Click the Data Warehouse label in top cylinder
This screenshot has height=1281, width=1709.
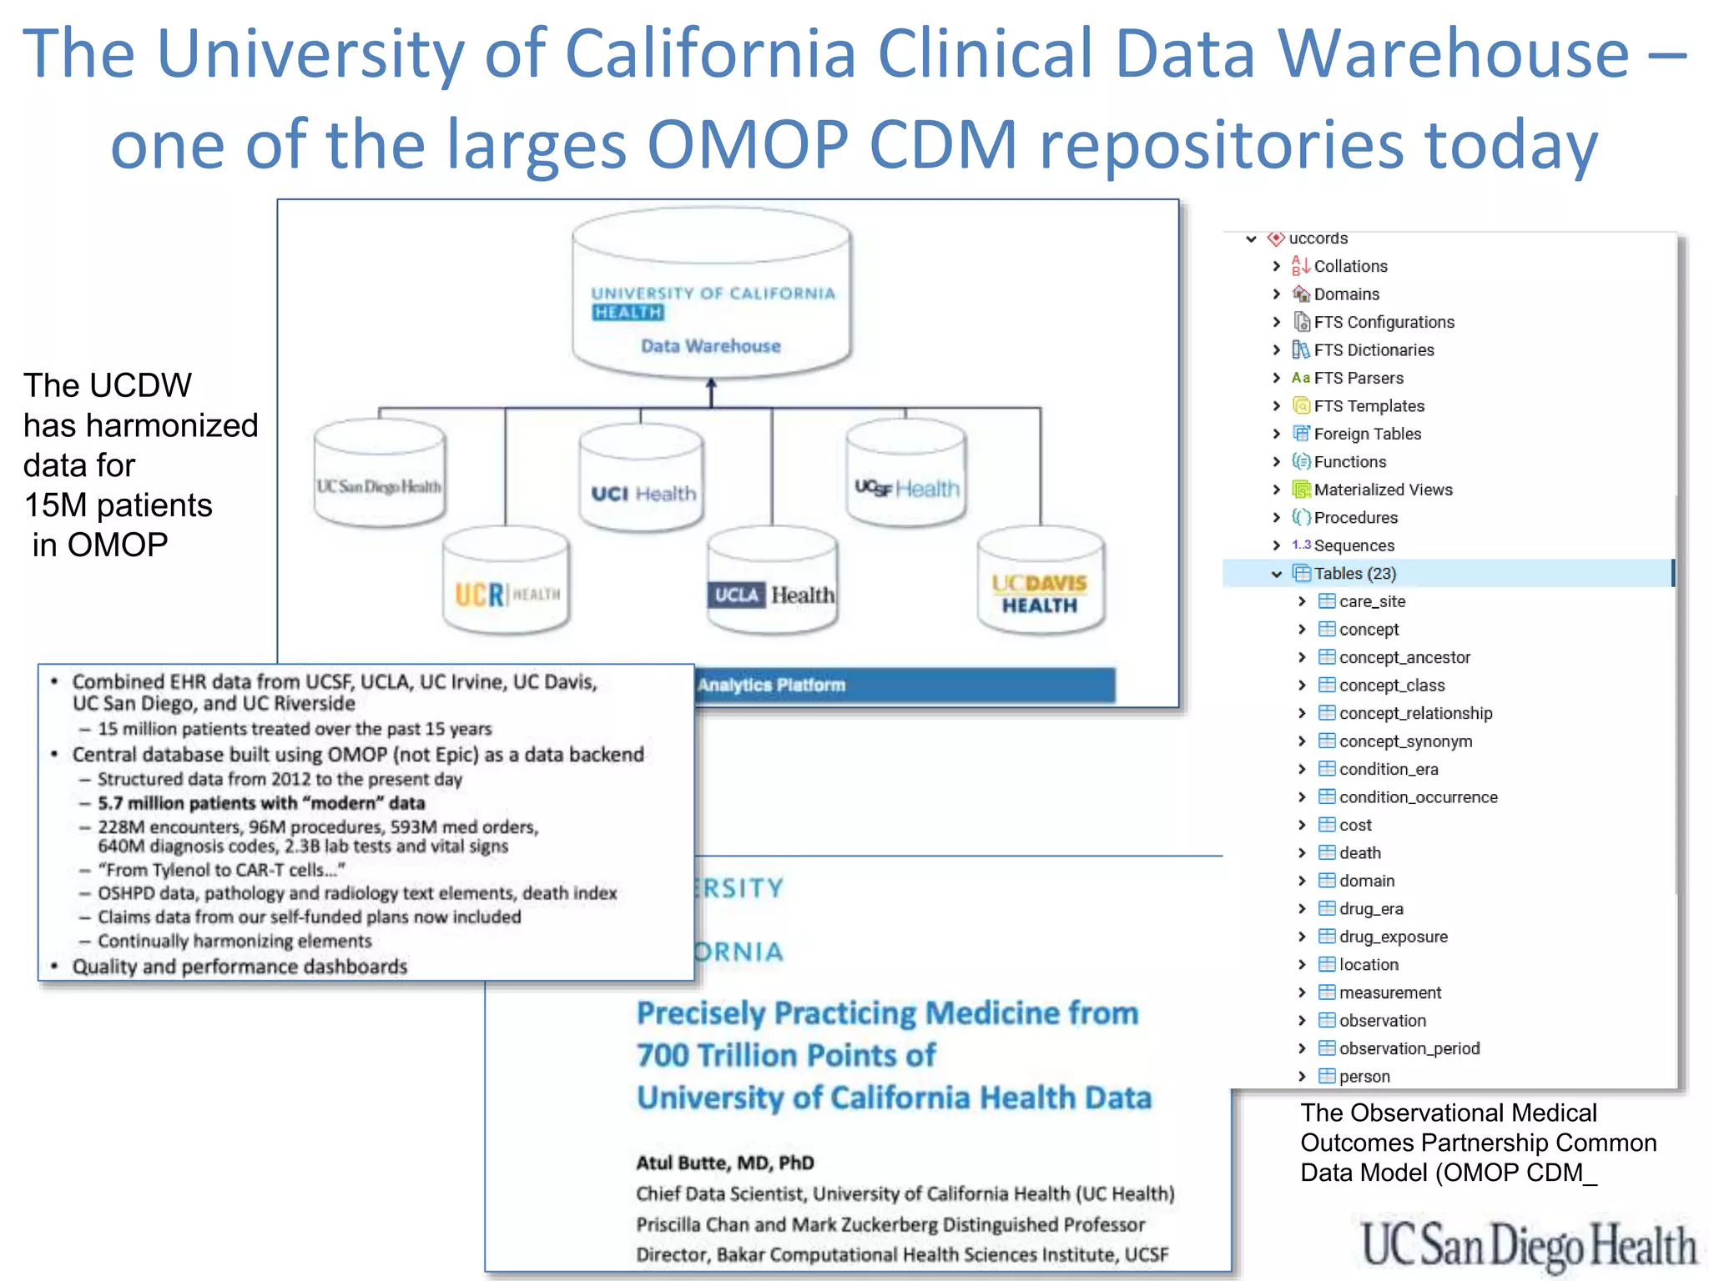710,346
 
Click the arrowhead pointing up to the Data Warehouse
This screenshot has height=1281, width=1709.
711,385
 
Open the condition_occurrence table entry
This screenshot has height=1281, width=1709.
1418,797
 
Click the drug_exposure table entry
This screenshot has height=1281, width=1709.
1393,937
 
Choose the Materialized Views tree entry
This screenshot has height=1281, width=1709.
1383,490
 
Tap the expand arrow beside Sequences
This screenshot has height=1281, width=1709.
1276,545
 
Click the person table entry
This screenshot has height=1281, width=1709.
1364,1077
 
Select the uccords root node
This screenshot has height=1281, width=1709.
1318,239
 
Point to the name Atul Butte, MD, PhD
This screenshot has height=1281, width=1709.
725,1163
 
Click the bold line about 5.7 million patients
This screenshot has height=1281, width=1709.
261,803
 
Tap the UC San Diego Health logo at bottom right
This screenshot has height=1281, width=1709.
1528,1245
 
